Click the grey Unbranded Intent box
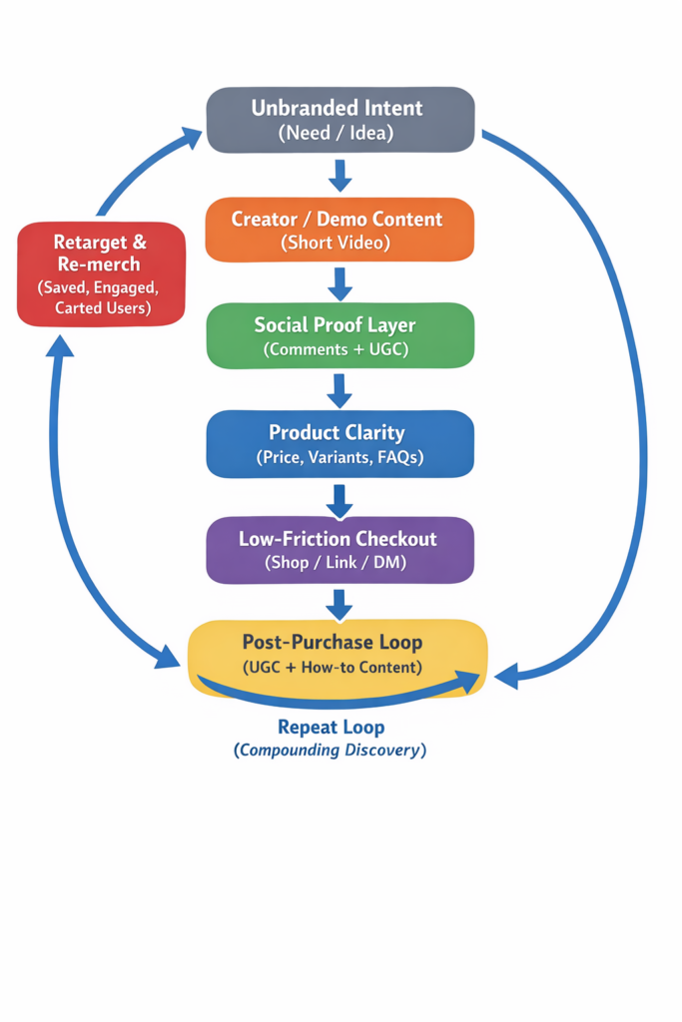click(x=340, y=119)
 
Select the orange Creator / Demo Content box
click(x=340, y=229)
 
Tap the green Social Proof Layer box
click(x=340, y=335)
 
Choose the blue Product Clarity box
click(x=340, y=443)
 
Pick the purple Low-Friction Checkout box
click(x=340, y=549)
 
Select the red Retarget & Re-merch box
click(x=101, y=273)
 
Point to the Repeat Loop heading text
click(x=331, y=727)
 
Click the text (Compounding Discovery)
click(x=331, y=750)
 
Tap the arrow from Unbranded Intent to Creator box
click(x=340, y=175)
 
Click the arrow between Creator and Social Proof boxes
click(x=340, y=282)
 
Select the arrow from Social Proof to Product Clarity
click(x=340, y=390)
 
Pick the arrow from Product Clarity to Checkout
click(x=340, y=497)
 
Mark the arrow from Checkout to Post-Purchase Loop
click(x=340, y=603)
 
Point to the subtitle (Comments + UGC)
click(x=337, y=349)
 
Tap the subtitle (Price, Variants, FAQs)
click(x=340, y=457)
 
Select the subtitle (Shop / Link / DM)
click(x=337, y=563)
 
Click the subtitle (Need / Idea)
click(x=337, y=132)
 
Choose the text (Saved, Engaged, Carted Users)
click(x=101, y=297)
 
